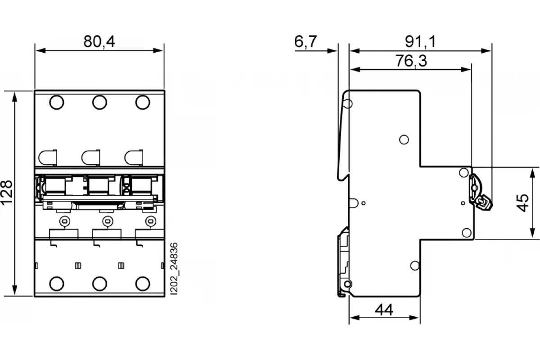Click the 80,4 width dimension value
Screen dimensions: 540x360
click(x=99, y=41)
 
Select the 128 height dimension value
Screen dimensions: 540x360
click(x=6, y=193)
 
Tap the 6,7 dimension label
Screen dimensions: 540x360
click(x=306, y=41)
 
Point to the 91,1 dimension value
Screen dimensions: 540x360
click(x=420, y=41)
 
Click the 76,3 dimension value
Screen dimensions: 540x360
click(x=411, y=61)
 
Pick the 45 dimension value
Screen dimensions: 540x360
click(x=523, y=203)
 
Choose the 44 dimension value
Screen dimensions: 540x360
click(x=384, y=310)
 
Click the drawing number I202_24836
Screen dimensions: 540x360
click(x=174, y=269)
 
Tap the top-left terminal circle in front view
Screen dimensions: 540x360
click(x=57, y=102)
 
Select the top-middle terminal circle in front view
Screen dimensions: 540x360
click(x=99, y=102)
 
